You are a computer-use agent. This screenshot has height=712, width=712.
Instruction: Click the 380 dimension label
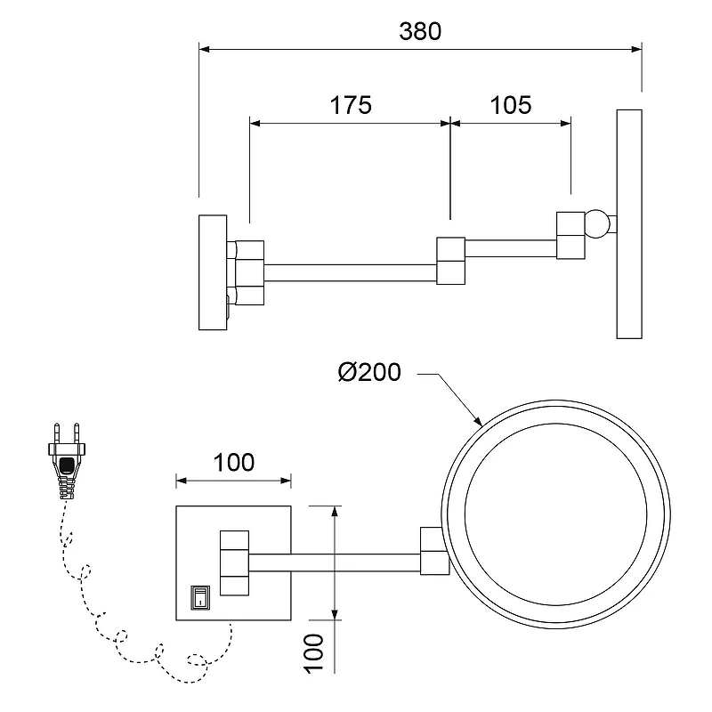(420, 31)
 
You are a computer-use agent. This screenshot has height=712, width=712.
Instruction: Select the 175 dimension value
(351, 105)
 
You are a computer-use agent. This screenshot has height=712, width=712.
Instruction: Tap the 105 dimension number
(510, 105)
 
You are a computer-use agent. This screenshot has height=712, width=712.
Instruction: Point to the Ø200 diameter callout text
(369, 372)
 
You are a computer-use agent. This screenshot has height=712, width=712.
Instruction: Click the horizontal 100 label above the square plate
(234, 462)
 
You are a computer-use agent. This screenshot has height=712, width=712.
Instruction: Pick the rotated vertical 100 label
(313, 653)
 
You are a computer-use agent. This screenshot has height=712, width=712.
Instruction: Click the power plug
(67, 460)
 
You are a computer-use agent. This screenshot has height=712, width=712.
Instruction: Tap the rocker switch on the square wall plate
(199, 597)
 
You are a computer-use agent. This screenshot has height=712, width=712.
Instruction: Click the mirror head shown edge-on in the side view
(629, 224)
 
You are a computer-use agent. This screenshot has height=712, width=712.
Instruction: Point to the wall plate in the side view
(213, 272)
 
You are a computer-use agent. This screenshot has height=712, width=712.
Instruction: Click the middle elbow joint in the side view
(451, 261)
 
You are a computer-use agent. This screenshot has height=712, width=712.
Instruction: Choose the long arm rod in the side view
(350, 273)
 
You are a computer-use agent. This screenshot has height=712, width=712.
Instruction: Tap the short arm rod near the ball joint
(511, 248)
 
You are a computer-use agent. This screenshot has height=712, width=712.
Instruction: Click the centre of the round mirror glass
(555, 514)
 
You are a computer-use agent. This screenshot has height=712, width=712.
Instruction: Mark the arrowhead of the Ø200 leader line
(478, 421)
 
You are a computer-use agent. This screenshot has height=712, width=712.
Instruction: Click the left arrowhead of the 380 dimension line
(205, 49)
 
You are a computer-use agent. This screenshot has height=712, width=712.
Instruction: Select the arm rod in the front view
(335, 562)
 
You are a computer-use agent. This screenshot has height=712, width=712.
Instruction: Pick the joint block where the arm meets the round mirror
(434, 551)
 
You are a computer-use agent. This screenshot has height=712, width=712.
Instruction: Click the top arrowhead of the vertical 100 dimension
(335, 511)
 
